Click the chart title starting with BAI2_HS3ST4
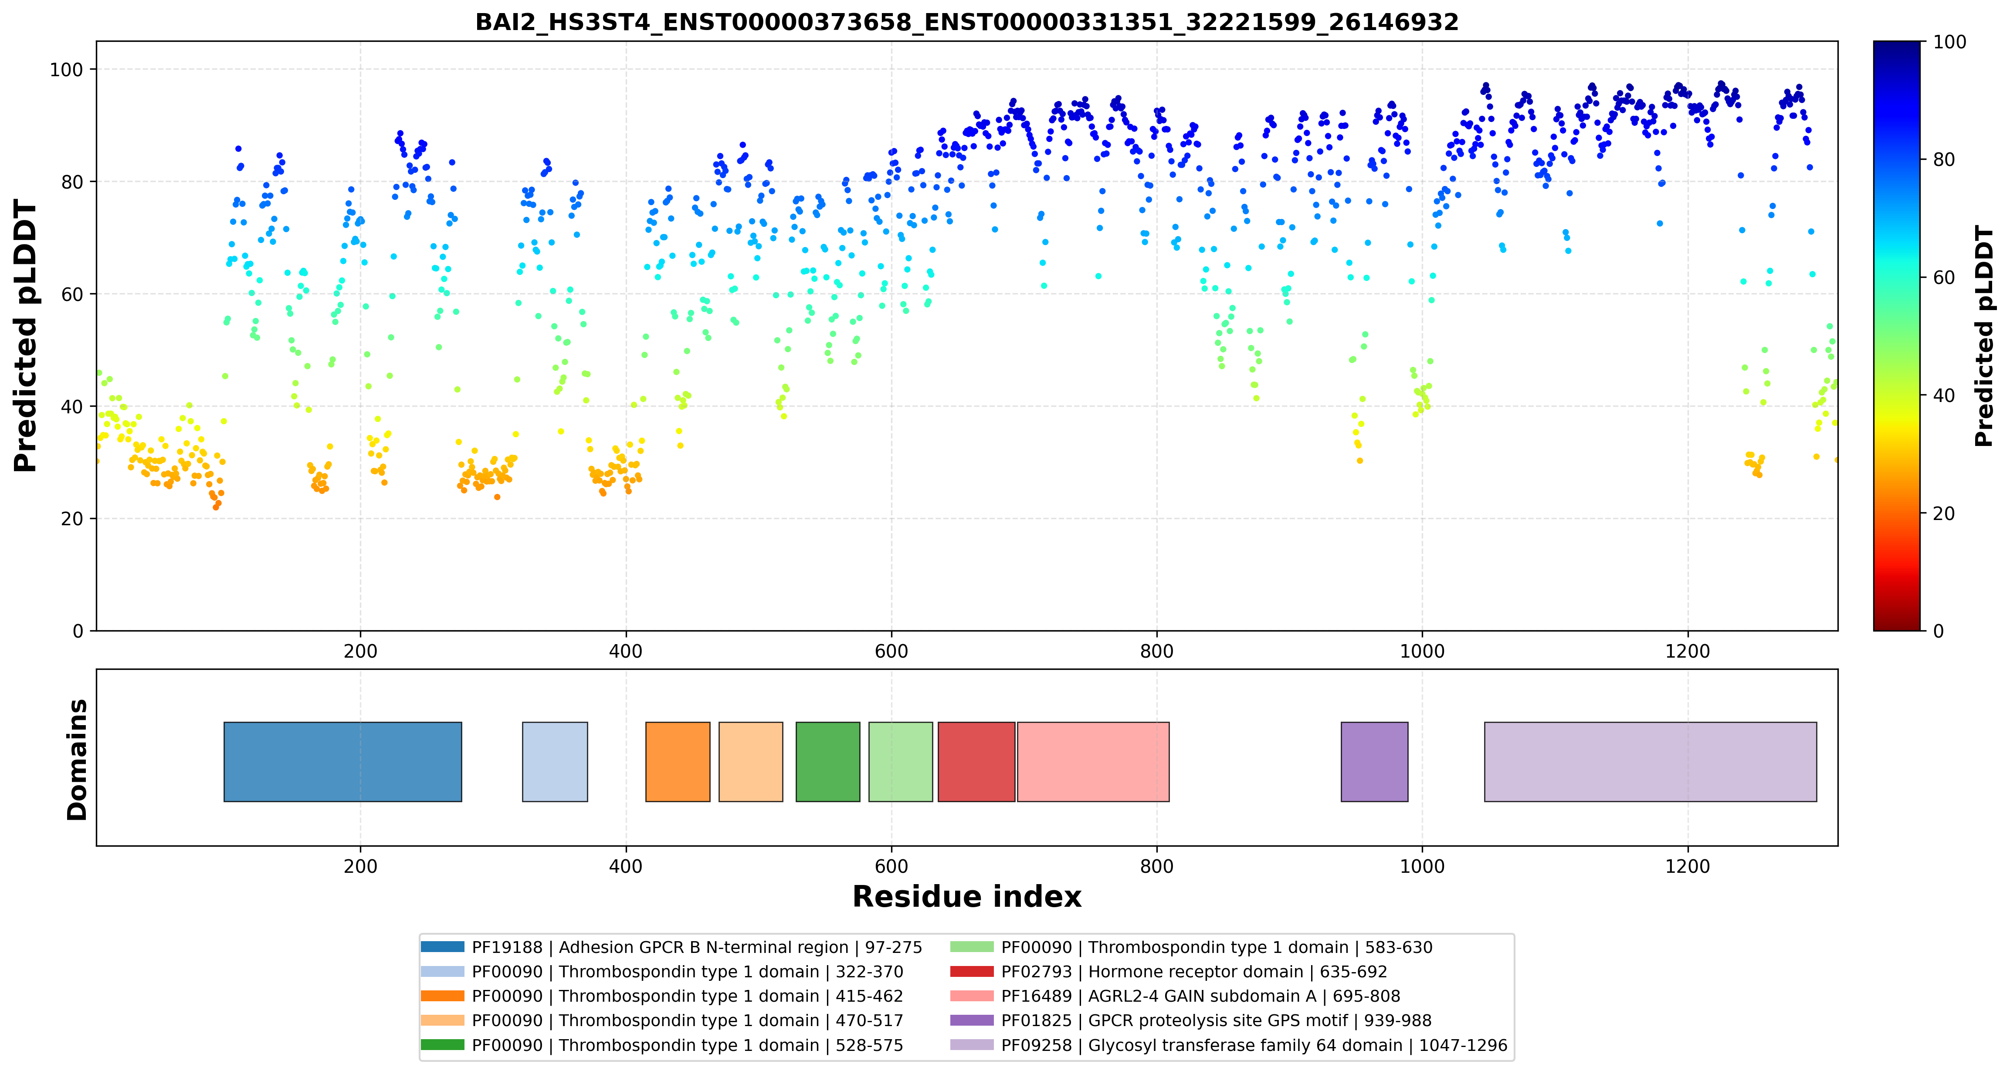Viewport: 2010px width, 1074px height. click(x=967, y=22)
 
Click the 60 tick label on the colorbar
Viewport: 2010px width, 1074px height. click(x=1944, y=278)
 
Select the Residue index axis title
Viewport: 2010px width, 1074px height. click(x=967, y=897)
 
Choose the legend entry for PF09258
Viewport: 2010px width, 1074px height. click(x=1229, y=1045)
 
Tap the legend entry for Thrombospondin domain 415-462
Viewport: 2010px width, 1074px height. click(x=662, y=996)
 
